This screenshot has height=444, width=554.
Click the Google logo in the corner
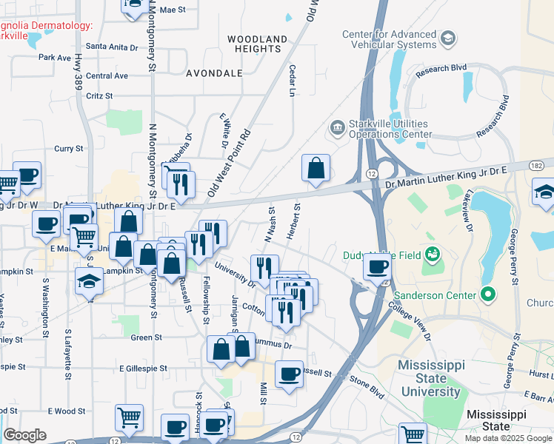[25, 435]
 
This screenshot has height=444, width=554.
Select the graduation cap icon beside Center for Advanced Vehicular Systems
[447, 38]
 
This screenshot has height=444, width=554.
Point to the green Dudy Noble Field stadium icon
[433, 255]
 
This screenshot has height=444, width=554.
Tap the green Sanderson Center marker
[487, 295]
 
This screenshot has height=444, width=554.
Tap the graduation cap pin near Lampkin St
[90, 281]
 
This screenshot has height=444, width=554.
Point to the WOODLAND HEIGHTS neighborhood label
[257, 43]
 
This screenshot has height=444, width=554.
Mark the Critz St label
[99, 95]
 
